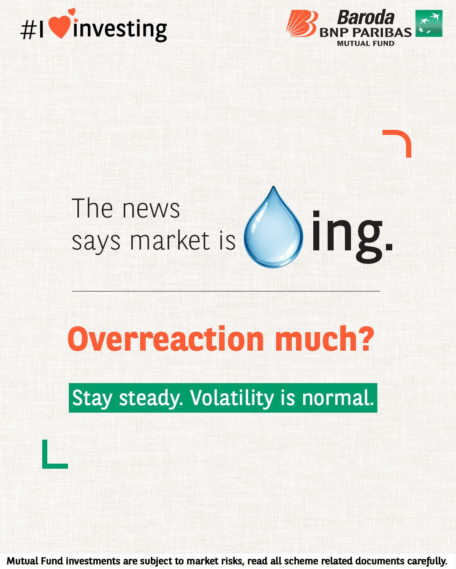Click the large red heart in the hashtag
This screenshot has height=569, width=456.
coord(60,27)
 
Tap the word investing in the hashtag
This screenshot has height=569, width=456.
coord(120,30)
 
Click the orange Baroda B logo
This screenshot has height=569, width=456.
coord(302,24)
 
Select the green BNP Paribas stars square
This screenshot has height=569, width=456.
coord(429,23)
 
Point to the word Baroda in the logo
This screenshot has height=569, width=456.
coord(366,17)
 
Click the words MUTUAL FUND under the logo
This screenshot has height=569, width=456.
coord(366,43)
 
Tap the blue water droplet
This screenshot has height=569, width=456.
coord(273,227)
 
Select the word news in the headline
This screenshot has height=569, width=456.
coord(151,209)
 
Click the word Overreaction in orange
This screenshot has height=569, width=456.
coord(166,339)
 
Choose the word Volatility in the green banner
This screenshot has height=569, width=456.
coord(232,397)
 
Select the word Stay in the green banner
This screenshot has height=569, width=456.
coord(92,398)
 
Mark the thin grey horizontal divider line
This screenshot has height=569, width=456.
coord(226,291)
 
